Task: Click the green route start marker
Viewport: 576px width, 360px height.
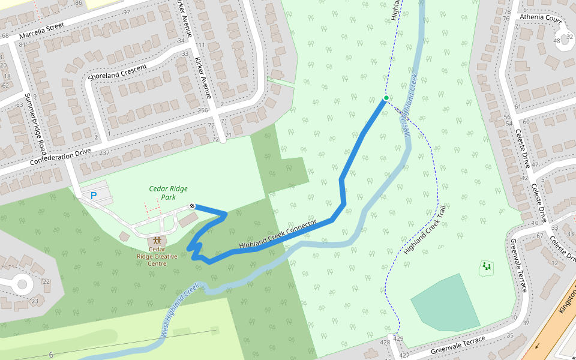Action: (386, 98)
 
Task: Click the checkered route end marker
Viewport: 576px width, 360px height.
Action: (193, 206)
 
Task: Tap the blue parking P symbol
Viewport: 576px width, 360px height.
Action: (93, 196)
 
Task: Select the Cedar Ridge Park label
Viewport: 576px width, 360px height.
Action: (163, 193)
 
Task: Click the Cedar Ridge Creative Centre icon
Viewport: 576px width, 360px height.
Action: (157, 240)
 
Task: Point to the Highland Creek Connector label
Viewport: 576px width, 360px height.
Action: (277, 235)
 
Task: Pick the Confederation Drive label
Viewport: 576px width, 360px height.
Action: (59, 156)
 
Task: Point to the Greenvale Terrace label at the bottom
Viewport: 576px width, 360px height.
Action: (458, 346)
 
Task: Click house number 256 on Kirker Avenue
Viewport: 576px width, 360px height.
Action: (203, 110)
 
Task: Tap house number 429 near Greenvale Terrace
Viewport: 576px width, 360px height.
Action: (398, 340)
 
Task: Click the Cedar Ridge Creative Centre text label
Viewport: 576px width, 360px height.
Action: (157, 256)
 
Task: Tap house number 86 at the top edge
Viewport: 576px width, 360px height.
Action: (78, 3)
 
